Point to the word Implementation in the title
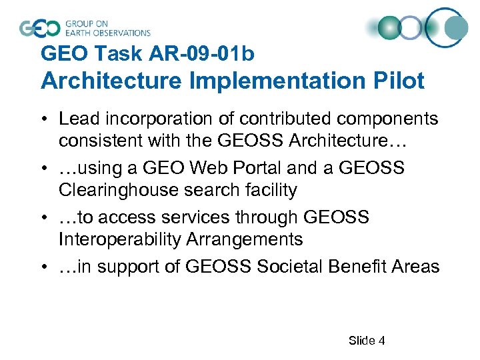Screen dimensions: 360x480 click(255, 81)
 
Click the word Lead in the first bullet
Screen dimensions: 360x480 click(77, 119)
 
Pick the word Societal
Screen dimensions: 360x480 click(294, 267)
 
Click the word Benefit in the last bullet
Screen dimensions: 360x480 click(362, 267)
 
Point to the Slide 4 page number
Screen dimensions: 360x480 click(367, 341)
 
